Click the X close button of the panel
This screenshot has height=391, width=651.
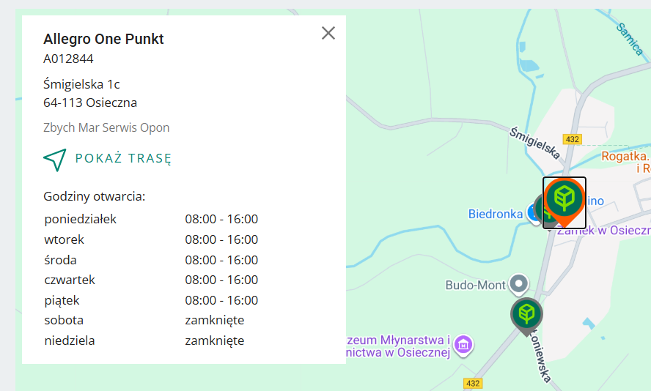click(x=328, y=33)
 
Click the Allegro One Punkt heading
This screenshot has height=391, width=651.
click(x=103, y=40)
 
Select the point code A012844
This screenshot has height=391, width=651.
click(x=68, y=59)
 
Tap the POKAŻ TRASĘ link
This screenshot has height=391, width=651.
click(x=123, y=159)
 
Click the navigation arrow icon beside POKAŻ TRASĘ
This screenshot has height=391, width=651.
click(x=55, y=159)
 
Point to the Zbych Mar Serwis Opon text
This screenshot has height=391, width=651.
click(x=106, y=127)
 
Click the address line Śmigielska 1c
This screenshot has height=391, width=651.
click(x=81, y=85)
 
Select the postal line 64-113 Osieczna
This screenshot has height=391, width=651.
click(x=90, y=103)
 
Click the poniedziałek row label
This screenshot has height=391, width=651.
click(x=80, y=219)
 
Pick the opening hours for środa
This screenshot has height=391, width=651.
click(x=221, y=260)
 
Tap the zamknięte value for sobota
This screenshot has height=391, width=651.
click(x=214, y=320)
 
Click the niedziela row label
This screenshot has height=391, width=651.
click(x=70, y=340)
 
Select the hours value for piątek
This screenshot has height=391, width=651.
click(x=221, y=300)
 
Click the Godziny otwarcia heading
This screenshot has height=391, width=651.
click(x=94, y=196)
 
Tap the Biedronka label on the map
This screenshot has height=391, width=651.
click(x=495, y=214)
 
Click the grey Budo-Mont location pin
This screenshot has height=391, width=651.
click(x=519, y=283)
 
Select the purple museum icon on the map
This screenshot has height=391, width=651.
click(x=463, y=343)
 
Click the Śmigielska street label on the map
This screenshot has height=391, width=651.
click(x=535, y=142)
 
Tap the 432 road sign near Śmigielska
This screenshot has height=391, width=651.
click(x=573, y=139)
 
